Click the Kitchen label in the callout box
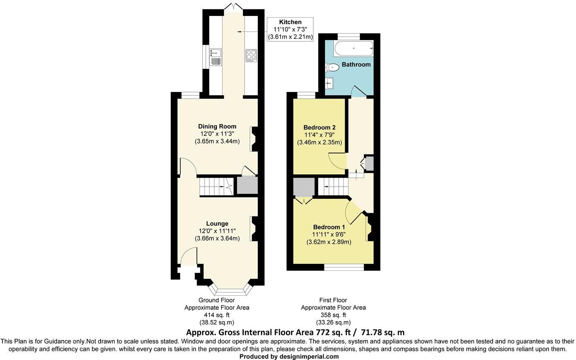(290, 22)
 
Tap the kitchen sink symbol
(215, 56)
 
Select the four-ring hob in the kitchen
(250, 55)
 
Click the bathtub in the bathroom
(353, 48)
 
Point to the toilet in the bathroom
(332, 67)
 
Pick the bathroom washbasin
(329, 83)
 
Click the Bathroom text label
(356, 64)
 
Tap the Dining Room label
(217, 126)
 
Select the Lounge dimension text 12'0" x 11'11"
(217, 231)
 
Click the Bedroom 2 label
(319, 127)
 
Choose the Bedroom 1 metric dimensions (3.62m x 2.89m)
(329, 242)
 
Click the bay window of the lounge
(229, 290)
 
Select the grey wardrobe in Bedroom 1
(304, 188)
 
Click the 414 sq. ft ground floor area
(216, 315)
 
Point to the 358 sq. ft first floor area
(333, 315)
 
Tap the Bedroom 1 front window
(344, 267)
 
